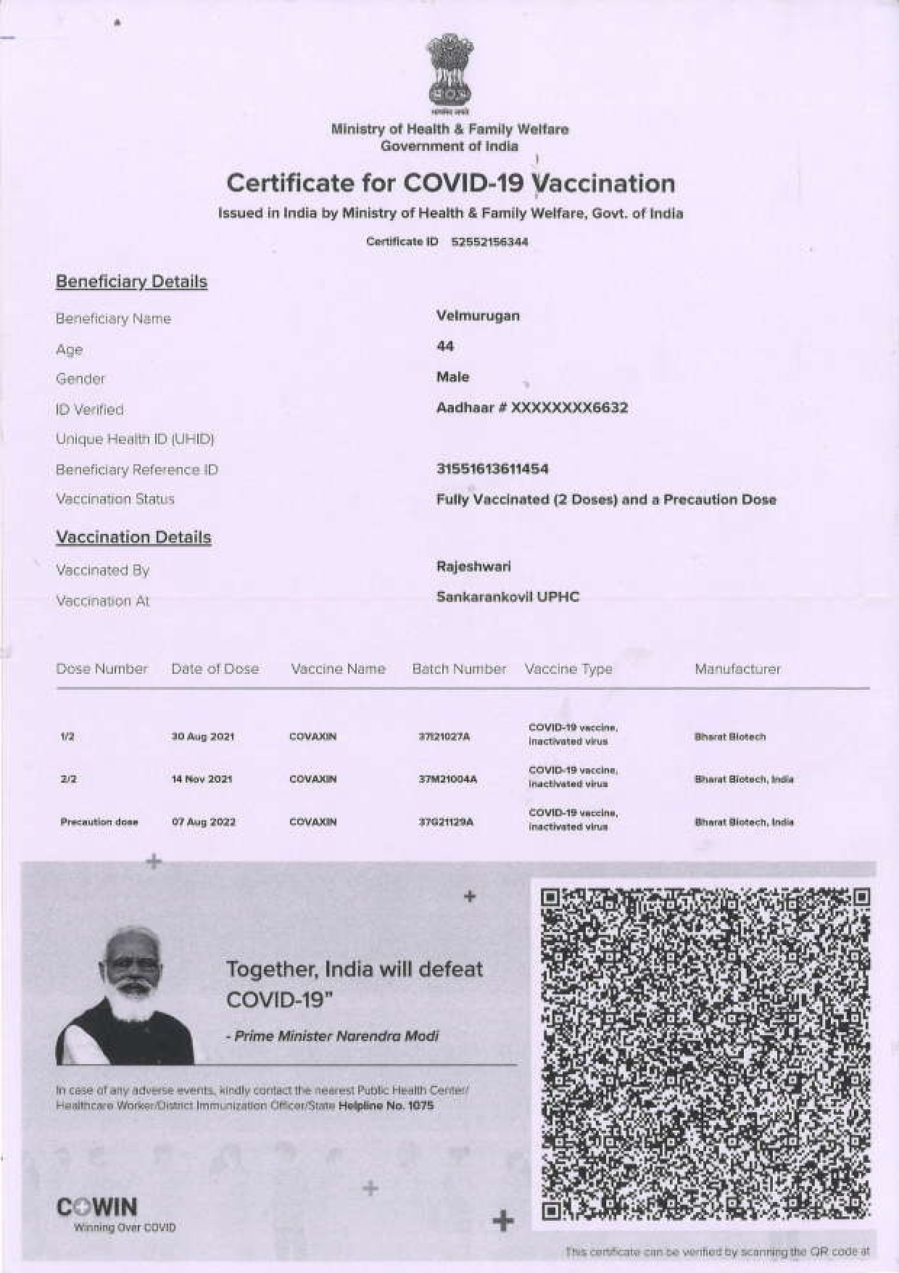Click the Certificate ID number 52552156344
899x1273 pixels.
[489, 242]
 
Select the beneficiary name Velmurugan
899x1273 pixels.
[478, 316]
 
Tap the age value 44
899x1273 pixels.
[445, 346]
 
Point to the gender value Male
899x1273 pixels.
[452, 376]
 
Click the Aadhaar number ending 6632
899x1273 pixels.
[532, 408]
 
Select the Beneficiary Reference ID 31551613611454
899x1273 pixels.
[492, 469]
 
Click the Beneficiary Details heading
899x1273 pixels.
[131, 281]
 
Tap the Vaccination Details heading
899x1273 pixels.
[133, 537]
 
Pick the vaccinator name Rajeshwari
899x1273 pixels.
[473, 566]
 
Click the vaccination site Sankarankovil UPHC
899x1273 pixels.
[507, 597]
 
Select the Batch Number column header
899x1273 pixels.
[459, 669]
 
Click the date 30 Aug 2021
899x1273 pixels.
[202, 736]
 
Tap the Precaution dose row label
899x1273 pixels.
[99, 822]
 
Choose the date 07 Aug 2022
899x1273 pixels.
[203, 822]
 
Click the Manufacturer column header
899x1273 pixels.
[737, 669]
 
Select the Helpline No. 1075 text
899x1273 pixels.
[386, 1105]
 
